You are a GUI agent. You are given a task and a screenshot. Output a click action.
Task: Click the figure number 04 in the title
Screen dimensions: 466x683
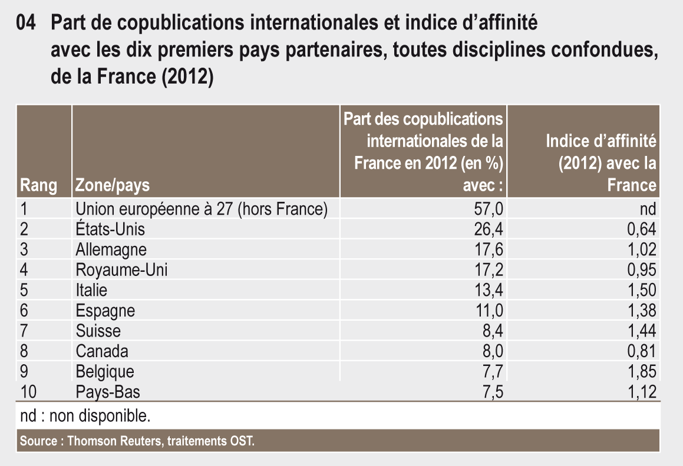pyautogui.click(x=28, y=24)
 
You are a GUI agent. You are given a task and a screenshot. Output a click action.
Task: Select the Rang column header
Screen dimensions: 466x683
pyautogui.click(x=38, y=186)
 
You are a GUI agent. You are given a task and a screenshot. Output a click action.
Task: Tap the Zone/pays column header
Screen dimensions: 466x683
pyautogui.click(x=113, y=186)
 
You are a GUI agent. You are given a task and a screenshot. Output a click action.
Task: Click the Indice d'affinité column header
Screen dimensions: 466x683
pyautogui.click(x=601, y=163)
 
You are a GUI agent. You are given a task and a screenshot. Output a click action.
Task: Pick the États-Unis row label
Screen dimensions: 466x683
pyautogui.click(x=110, y=228)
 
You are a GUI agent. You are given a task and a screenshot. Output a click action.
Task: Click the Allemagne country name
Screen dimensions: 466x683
pyautogui.click(x=111, y=249)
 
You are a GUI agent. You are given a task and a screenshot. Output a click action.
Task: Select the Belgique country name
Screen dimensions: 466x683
pyautogui.click(x=105, y=371)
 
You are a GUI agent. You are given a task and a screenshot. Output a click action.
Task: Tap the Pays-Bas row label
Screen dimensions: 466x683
pyautogui.click(x=108, y=392)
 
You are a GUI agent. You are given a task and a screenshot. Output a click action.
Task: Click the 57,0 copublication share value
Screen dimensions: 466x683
pyautogui.click(x=490, y=208)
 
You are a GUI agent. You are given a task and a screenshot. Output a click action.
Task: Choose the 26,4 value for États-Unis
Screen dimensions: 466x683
pyautogui.click(x=490, y=228)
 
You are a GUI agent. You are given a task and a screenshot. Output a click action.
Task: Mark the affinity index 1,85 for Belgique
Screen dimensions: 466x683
pyautogui.click(x=641, y=371)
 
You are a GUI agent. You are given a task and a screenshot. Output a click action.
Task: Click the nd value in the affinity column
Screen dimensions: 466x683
pyautogui.click(x=648, y=208)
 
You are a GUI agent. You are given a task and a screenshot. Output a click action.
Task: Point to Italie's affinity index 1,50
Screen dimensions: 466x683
pyautogui.click(x=641, y=290)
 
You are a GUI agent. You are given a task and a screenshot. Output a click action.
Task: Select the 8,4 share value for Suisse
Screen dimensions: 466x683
pyautogui.click(x=493, y=331)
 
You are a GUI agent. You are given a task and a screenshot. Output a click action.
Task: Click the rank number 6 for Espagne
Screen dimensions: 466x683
pyautogui.click(x=24, y=310)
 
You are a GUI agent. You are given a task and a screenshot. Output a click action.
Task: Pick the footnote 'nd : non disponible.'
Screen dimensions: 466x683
pyautogui.click(x=85, y=417)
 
